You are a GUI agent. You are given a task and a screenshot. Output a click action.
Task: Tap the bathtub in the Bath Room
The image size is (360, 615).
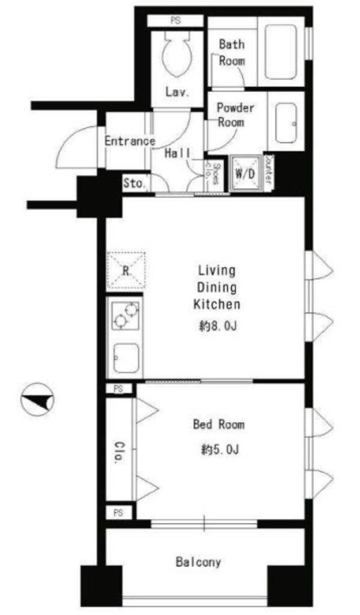[x=280, y=52]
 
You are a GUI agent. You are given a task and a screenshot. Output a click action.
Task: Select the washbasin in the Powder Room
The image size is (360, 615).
[x=285, y=123]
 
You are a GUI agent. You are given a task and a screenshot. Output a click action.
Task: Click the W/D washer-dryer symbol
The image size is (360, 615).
[x=246, y=173]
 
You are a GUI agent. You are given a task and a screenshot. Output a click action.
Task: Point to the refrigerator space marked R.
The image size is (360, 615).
[x=126, y=271]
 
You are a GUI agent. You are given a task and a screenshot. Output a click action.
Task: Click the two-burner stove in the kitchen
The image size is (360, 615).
[x=126, y=316]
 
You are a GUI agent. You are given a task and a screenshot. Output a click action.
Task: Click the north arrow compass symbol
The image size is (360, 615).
[x=37, y=399]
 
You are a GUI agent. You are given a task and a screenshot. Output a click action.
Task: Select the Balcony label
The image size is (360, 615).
[x=198, y=562]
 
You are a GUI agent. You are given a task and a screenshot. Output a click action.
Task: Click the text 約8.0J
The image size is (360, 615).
[x=218, y=326]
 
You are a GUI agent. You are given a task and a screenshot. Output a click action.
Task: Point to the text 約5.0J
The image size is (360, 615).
[x=220, y=449]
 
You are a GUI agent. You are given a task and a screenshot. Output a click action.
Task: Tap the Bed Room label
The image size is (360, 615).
[x=218, y=425]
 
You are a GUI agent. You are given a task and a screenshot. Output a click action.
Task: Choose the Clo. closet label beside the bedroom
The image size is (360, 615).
[x=118, y=453]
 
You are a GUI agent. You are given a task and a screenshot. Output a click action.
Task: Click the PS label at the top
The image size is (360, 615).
[x=175, y=21]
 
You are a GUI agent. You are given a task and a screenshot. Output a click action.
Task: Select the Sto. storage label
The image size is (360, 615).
[x=135, y=183]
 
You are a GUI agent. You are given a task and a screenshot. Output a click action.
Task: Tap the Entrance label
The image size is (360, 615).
[x=130, y=141]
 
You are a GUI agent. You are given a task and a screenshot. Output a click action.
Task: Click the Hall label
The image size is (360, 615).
[x=177, y=153]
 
